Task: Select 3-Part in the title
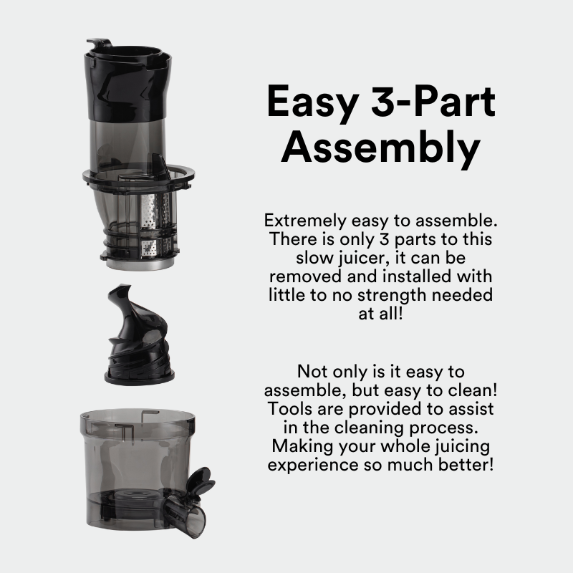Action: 433,100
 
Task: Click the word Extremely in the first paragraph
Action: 305,221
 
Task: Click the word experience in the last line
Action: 313,466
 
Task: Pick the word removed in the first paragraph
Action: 305,276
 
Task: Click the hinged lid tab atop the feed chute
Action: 98,43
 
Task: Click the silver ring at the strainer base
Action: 140,264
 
